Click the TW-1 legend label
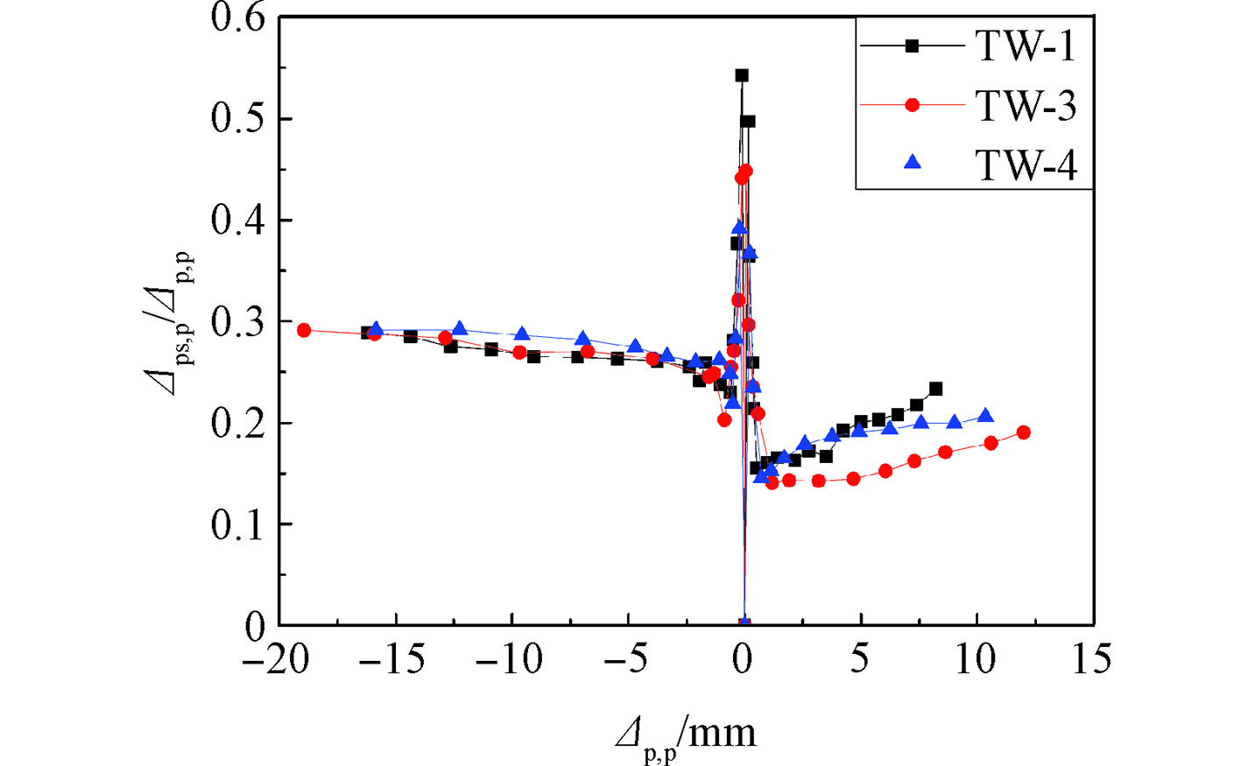tap(1026, 46)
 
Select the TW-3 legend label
tap(1026, 106)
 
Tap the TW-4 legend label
tap(1026, 165)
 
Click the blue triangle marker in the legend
tap(913, 162)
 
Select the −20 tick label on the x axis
tap(275, 659)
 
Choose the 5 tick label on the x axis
tap(860, 659)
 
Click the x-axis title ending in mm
tap(685, 734)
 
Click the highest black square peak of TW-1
tap(742, 75)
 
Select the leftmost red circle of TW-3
tap(304, 330)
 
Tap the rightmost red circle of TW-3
tap(1023, 432)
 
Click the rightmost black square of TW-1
tap(935, 389)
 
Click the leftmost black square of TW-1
tap(367, 333)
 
